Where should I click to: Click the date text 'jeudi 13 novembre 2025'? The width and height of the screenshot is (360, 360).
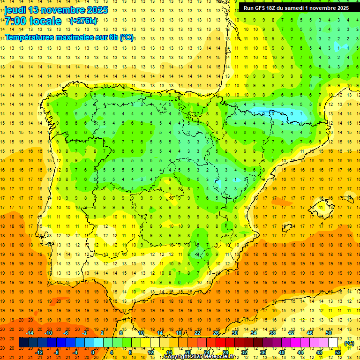pos(56,10)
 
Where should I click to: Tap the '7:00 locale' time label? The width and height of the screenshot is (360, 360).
pos(33,21)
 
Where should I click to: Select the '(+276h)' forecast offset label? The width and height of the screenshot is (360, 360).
pos(83,21)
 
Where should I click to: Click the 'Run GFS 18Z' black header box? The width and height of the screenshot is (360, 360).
pos(296,8)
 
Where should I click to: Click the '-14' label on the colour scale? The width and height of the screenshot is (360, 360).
pos(30,333)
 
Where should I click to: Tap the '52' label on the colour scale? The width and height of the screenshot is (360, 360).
pos(338,352)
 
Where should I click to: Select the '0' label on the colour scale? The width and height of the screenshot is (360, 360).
pos(93,352)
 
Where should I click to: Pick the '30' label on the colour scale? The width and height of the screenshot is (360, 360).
pos(234,333)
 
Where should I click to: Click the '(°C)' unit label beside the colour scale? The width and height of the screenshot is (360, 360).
pos(349,343)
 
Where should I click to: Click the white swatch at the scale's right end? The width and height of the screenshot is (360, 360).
pos(333,343)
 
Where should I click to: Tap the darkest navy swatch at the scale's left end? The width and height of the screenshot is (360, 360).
pos(23,343)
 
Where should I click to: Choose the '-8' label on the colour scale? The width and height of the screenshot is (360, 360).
pos(57,352)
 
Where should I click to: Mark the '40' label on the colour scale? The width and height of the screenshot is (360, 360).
pos(281,352)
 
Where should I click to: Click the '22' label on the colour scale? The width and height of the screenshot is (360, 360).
pos(197,333)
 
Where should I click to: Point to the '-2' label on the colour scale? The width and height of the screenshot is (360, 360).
pos(85,333)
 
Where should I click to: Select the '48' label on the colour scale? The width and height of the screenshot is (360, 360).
pos(319,352)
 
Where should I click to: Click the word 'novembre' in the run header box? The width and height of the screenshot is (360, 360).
pos(318,8)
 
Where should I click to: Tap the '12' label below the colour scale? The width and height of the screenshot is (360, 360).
pos(150,352)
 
